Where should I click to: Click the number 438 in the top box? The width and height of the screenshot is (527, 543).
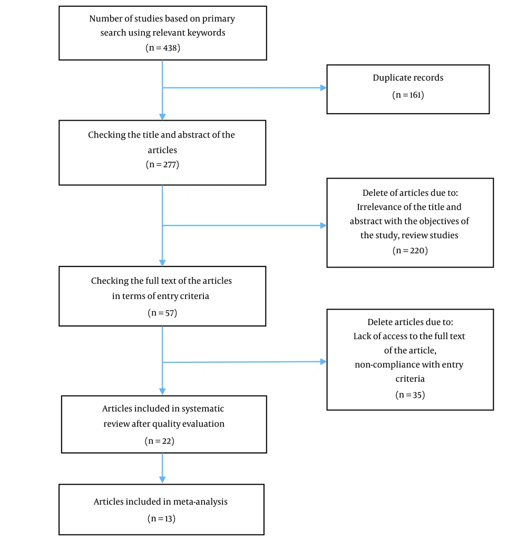(170, 48)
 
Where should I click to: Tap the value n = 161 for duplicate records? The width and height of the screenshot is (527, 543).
(408, 95)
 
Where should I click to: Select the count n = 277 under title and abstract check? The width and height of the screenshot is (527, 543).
(162, 164)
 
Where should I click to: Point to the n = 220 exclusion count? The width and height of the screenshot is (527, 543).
(410, 250)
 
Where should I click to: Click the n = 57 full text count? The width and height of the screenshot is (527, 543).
(162, 313)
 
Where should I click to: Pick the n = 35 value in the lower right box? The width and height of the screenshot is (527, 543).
(410, 395)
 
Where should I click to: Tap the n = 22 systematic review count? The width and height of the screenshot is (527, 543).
(159, 441)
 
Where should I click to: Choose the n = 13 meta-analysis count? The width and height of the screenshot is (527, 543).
(161, 518)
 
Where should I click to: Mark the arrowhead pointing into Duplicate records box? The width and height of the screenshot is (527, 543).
(324, 88)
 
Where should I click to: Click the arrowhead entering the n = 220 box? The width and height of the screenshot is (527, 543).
(324, 225)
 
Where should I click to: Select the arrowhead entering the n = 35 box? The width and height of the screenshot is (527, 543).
(324, 361)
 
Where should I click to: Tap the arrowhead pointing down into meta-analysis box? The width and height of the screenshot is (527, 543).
(162, 480)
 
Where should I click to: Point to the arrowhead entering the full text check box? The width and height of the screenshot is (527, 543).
(162, 263)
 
